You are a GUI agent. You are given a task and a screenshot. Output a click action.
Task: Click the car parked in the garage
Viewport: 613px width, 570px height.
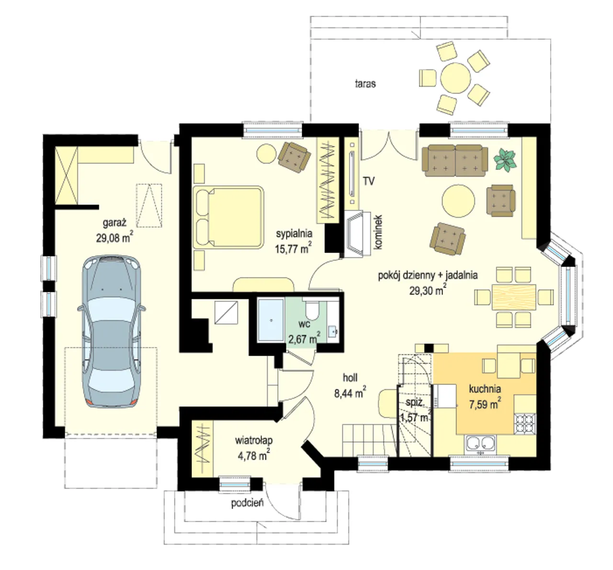112,331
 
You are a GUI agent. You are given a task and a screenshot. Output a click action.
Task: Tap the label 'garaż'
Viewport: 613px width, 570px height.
114,223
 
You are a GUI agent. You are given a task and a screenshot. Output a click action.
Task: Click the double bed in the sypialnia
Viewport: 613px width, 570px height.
229,217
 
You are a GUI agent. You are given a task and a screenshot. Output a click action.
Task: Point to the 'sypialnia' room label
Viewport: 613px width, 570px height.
294,234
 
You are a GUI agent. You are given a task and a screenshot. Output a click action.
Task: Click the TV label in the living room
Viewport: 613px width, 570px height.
369,181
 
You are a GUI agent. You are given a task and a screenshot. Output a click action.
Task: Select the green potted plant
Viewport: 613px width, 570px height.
505,160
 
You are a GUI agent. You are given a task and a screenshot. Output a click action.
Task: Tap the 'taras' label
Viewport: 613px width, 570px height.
365,84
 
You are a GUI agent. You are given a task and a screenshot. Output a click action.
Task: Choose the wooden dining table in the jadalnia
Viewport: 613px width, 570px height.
514,297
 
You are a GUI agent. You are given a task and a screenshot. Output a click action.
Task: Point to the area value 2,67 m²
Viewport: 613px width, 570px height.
304,338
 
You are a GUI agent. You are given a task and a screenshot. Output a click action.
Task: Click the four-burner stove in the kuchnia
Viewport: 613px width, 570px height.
525,423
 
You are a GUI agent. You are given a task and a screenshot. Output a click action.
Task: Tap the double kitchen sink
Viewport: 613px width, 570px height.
480,444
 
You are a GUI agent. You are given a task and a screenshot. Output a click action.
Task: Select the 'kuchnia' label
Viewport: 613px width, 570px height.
485,389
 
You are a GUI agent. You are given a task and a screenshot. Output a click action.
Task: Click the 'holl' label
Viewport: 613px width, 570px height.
350,378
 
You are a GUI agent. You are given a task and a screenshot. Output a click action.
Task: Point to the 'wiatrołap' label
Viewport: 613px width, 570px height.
254,440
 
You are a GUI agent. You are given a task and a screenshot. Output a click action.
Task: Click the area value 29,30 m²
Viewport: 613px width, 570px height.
428,290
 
